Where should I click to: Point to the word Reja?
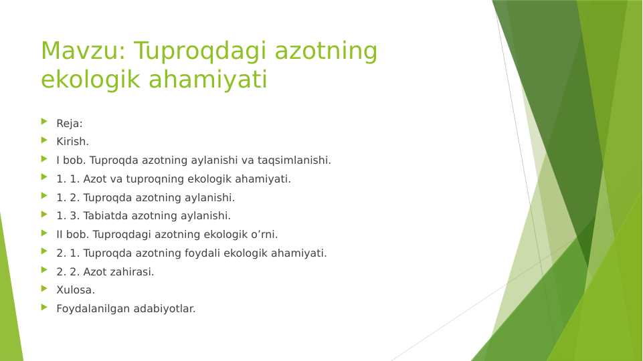(x=70, y=124)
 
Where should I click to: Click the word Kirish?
(x=72, y=142)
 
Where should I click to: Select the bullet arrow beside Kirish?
(x=44, y=140)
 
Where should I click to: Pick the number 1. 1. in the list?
(x=68, y=179)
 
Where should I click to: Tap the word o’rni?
(x=264, y=235)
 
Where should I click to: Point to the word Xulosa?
(x=76, y=290)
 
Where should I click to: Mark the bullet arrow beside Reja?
(x=44, y=122)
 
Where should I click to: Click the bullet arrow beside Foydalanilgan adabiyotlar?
(x=44, y=307)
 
